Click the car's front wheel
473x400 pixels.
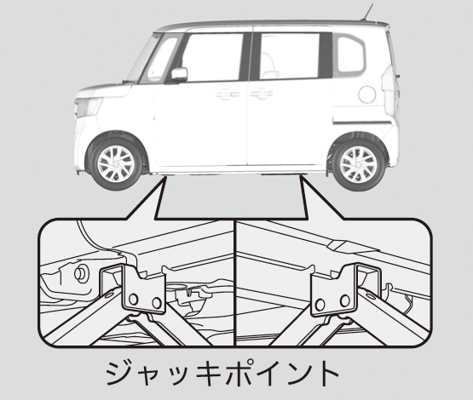pos(116,163)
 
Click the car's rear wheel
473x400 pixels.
pos(358,165)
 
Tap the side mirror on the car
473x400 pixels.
pos(179,75)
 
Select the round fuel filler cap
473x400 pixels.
pos(367,94)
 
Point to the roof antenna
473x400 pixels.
pos(367,12)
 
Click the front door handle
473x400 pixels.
pos(228,94)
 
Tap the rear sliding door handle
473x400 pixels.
pos(262,94)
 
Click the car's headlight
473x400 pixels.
pos(88,107)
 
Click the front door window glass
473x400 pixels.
pos(213,57)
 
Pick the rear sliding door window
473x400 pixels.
pos(290,56)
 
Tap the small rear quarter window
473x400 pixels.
pos(350,54)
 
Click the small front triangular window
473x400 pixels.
pos(161,59)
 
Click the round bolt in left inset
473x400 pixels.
pos(81,273)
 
